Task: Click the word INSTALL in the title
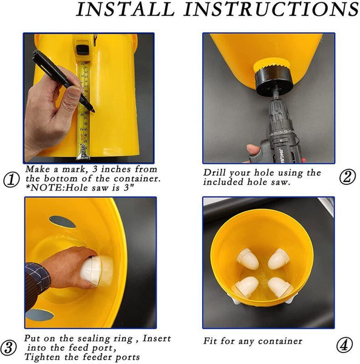tap(126, 9)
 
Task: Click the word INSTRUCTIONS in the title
tap(271, 9)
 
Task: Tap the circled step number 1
tap(12, 180)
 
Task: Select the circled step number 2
tap(347, 177)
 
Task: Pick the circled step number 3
tap(8, 348)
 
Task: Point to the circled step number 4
tap(345, 345)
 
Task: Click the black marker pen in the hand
tap(63, 81)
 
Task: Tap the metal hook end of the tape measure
tap(83, 153)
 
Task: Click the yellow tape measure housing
tap(83, 47)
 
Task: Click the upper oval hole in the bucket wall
tap(63, 221)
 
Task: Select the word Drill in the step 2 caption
tap(215, 173)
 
